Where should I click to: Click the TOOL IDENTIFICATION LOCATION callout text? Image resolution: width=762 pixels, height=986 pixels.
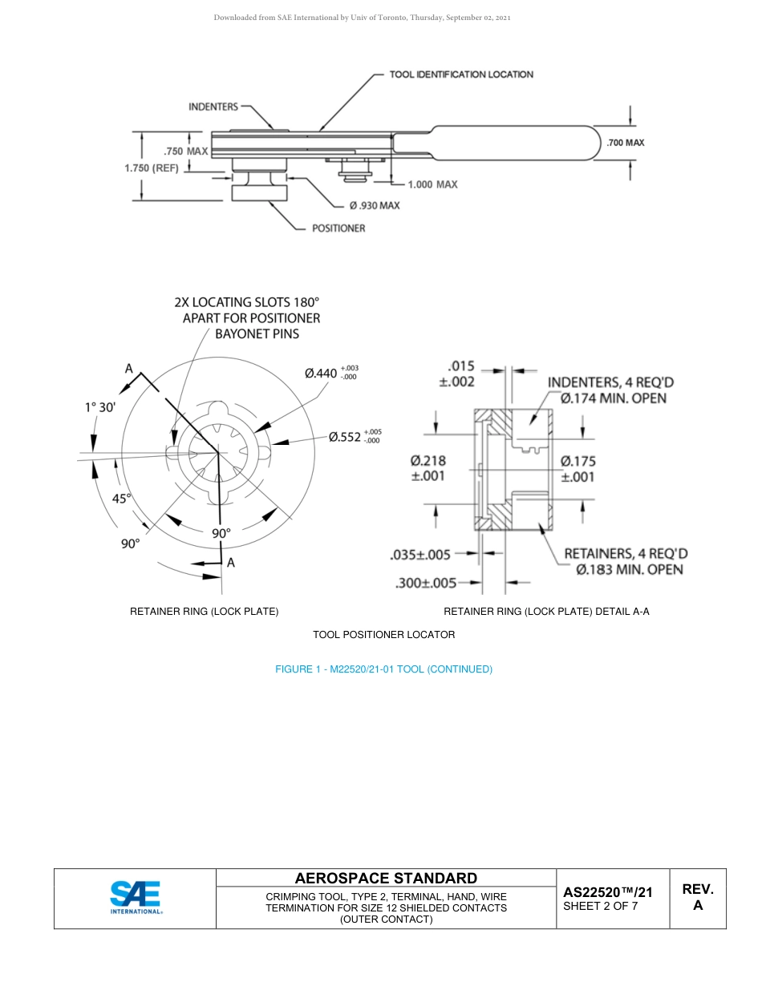click(461, 75)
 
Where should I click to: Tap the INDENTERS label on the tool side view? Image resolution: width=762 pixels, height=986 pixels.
click(213, 107)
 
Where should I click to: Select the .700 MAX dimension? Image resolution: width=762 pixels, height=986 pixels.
click(626, 143)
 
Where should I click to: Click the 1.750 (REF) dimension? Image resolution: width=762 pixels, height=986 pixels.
click(152, 168)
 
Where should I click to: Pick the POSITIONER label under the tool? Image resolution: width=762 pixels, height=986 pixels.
click(338, 228)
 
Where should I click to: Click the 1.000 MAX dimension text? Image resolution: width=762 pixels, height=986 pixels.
click(432, 184)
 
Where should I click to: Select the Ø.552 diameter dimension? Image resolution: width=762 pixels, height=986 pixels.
click(355, 437)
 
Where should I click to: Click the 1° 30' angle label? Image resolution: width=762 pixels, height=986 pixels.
click(100, 407)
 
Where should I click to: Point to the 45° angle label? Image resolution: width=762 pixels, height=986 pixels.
click(121, 498)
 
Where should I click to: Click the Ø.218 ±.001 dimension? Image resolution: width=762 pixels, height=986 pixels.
click(428, 468)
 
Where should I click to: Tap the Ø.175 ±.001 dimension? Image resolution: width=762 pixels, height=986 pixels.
click(578, 468)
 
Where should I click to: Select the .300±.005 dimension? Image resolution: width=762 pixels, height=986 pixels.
click(426, 584)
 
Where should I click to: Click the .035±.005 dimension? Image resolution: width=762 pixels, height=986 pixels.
click(420, 554)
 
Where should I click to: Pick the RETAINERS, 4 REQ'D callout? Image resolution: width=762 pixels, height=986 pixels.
click(626, 561)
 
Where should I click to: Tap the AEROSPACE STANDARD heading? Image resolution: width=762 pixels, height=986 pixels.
click(386, 879)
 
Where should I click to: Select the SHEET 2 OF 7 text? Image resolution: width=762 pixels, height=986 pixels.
click(601, 907)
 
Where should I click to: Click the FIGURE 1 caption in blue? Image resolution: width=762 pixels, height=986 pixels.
click(383, 669)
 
